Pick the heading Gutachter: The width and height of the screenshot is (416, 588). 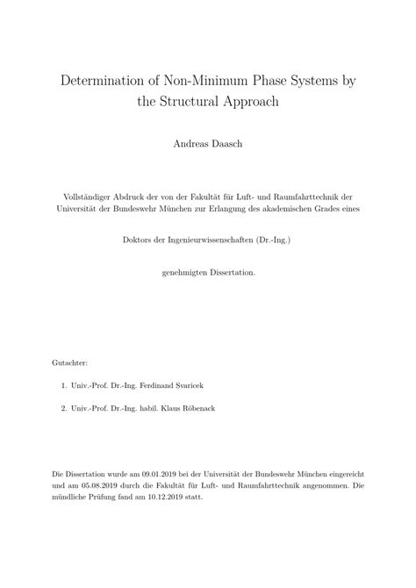[71, 362]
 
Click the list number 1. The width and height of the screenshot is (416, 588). [66, 384]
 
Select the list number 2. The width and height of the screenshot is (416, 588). [66, 408]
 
